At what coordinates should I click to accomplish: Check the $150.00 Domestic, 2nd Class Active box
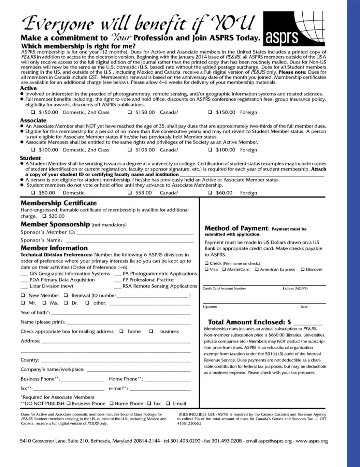click(33, 112)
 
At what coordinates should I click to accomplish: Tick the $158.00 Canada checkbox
click(130, 112)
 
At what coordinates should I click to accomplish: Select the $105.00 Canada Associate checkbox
click(130, 150)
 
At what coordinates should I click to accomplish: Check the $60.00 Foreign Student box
click(210, 193)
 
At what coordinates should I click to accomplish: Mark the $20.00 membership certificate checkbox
click(44, 216)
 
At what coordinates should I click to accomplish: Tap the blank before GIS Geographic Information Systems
click(24, 274)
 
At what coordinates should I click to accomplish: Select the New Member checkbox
click(23, 295)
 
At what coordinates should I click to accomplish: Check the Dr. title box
click(66, 303)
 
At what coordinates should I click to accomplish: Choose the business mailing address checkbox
click(151, 331)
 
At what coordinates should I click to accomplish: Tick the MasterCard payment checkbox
click(224, 269)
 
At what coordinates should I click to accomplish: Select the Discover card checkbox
click(302, 269)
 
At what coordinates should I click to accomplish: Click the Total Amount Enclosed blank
click(308, 323)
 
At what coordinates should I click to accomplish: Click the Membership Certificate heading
click(59, 203)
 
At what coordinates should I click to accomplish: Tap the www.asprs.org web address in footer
click(312, 441)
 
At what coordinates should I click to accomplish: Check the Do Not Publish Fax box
click(149, 404)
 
